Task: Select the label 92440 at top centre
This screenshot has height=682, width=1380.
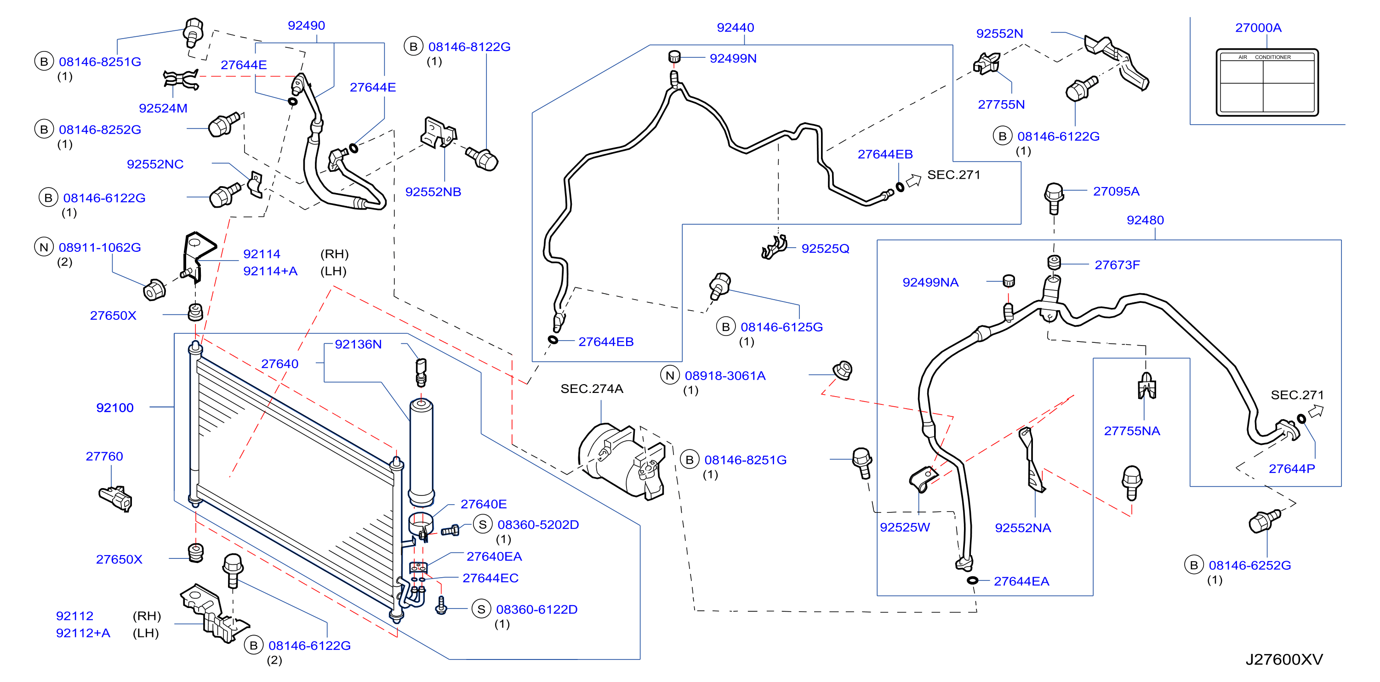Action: [x=735, y=27]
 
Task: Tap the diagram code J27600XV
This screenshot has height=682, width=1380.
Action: [x=1283, y=659]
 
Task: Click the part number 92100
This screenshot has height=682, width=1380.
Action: [x=114, y=408]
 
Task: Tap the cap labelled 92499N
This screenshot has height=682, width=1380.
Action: [x=674, y=56]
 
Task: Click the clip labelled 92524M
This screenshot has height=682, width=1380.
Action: [x=181, y=80]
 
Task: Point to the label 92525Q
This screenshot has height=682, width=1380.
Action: [x=825, y=249]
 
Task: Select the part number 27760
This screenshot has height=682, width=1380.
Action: [x=104, y=456]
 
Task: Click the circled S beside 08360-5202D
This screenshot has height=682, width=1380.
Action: [x=482, y=524]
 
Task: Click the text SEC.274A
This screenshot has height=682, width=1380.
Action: [x=592, y=388]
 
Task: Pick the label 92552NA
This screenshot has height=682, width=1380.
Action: [x=1023, y=528]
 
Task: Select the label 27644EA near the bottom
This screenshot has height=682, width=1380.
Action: [x=1021, y=581]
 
